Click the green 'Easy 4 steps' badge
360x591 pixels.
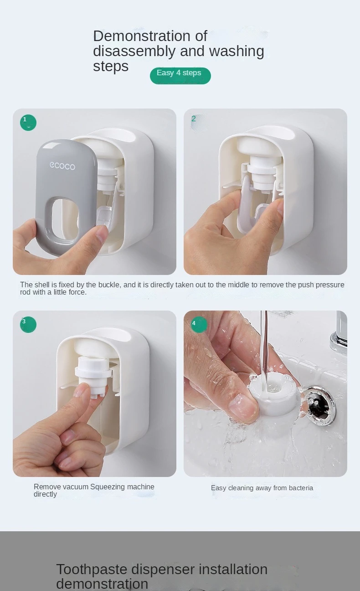(x=180, y=76)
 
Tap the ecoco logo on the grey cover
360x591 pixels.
(x=62, y=166)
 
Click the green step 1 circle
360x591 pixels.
(x=28, y=123)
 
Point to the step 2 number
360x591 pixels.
(x=194, y=119)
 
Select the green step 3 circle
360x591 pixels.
(x=28, y=325)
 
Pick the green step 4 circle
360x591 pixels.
(x=199, y=325)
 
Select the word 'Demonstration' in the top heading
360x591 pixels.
(x=142, y=36)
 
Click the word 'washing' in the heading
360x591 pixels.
(x=237, y=51)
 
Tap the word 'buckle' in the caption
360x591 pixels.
(x=109, y=285)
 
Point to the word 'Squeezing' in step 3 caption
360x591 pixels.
(x=108, y=487)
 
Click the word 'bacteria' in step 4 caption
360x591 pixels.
(x=301, y=488)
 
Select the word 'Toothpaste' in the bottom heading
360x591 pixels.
(x=92, y=569)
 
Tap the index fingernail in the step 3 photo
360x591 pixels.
(x=81, y=390)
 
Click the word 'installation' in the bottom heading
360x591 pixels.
(x=233, y=569)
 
